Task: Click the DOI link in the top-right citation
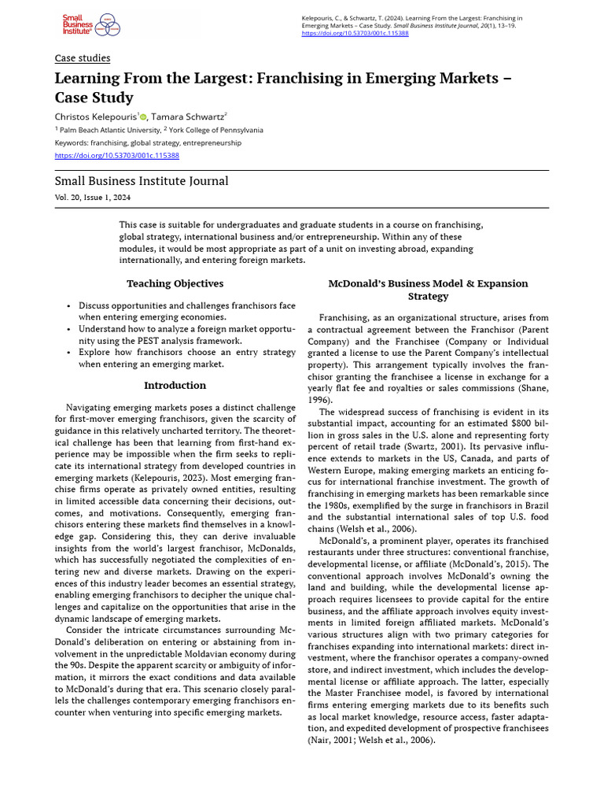[355, 35]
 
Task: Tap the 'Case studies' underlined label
[82, 58]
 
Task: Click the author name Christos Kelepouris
[95, 116]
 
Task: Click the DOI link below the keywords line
[116, 156]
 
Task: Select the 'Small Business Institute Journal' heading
[142, 181]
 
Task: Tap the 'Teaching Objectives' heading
[175, 283]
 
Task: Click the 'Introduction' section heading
[175, 386]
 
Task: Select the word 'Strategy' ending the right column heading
[428, 297]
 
